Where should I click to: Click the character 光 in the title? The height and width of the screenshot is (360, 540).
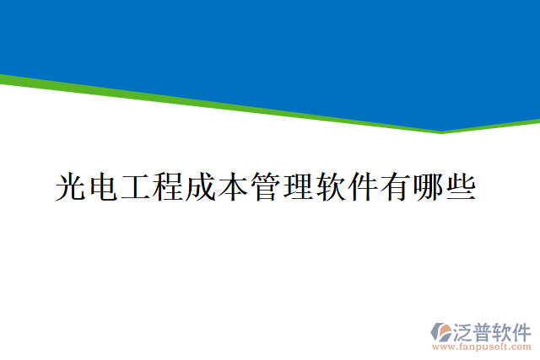pyautogui.click(x=71, y=186)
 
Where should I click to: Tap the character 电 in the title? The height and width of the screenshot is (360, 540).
pyautogui.click(x=103, y=186)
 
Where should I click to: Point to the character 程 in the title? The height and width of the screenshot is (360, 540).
pyautogui.click(x=168, y=186)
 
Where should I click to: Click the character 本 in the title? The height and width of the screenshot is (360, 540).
pyautogui.click(x=233, y=186)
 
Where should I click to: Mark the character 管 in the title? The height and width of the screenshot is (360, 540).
pyautogui.click(x=265, y=186)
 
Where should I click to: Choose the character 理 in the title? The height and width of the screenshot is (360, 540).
pyautogui.click(x=298, y=186)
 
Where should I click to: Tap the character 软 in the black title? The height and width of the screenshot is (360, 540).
pyautogui.click(x=330, y=186)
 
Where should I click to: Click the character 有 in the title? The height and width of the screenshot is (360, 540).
pyautogui.click(x=395, y=186)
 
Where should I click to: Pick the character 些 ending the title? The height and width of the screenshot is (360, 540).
pyautogui.click(x=460, y=186)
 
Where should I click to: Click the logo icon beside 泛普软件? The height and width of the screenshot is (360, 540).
pyautogui.click(x=441, y=332)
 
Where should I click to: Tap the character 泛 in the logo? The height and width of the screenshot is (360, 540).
pyautogui.click(x=463, y=330)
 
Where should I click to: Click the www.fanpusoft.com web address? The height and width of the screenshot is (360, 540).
pyautogui.click(x=482, y=346)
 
